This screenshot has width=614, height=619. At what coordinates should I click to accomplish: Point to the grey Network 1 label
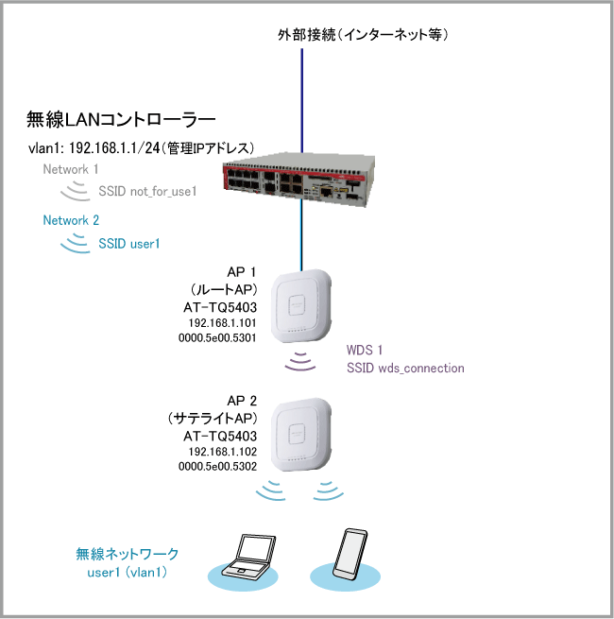(71, 169)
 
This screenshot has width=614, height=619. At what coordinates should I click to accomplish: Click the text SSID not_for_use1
(146, 192)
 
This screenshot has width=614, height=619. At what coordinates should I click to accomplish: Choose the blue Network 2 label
(71, 220)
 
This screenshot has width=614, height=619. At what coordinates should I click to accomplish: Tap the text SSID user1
(129, 243)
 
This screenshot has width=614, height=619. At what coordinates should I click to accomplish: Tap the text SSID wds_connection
(406, 368)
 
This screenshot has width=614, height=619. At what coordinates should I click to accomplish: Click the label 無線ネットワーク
(128, 553)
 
